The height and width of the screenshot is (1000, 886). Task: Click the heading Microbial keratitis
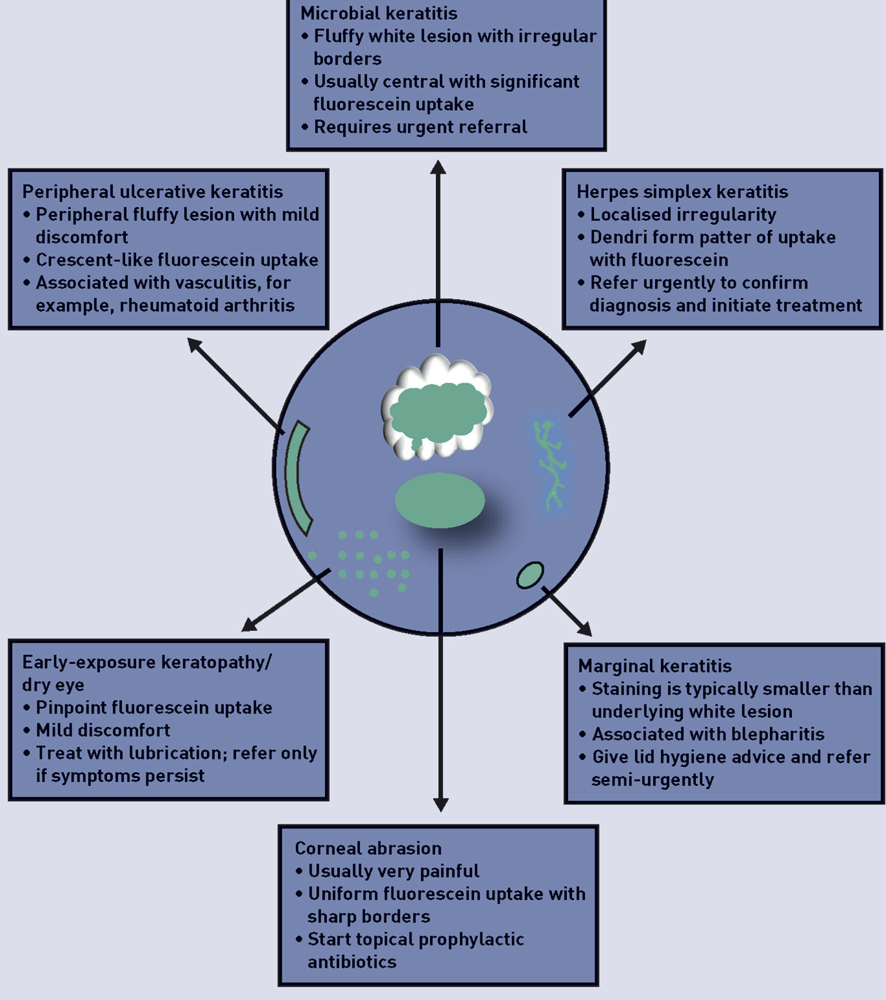[379, 13]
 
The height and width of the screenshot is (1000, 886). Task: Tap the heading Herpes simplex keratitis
[682, 192]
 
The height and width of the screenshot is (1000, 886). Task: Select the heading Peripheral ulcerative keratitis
[152, 192]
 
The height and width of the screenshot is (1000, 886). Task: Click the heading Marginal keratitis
[655, 666]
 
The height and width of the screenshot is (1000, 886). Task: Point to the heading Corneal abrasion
[368, 848]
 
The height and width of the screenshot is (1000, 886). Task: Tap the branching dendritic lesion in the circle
[550, 465]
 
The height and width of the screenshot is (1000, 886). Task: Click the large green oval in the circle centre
[440, 500]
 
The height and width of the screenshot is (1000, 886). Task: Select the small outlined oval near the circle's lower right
[530, 575]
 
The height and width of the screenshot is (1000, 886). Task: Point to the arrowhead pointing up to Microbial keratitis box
[438, 168]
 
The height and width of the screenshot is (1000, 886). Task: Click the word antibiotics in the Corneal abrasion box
[351, 962]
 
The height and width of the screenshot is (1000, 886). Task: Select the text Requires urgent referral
[420, 127]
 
